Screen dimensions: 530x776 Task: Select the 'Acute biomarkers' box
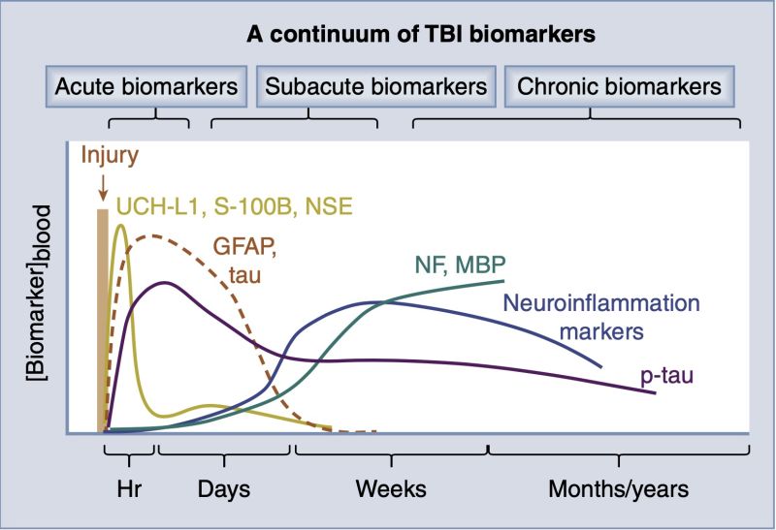point(145,87)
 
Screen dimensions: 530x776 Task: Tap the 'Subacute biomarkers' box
point(375,87)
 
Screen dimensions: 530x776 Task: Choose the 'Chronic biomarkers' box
point(619,87)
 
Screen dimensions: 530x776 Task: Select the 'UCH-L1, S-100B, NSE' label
point(234,206)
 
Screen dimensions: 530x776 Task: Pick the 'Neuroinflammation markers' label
point(600,317)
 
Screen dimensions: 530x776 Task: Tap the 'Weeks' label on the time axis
point(390,489)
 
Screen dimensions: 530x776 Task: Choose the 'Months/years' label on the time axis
point(618,489)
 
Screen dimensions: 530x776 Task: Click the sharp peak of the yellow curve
point(120,226)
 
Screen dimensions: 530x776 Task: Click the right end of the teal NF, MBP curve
point(502,281)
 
